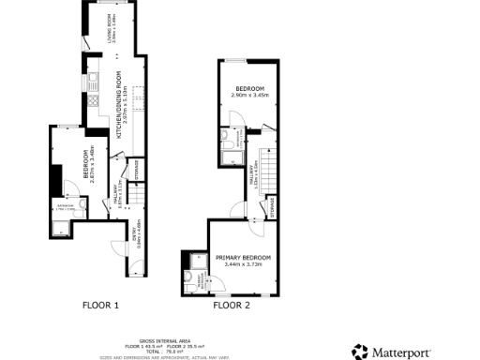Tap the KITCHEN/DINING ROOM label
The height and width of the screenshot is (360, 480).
click(119, 106)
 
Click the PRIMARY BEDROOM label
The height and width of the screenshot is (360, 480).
click(243, 257)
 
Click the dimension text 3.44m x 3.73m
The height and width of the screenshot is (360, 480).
click(243, 265)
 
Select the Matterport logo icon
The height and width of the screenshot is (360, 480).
click(360, 352)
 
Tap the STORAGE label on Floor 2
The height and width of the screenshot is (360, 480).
click(273, 206)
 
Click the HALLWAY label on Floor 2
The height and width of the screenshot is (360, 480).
click(253, 178)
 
